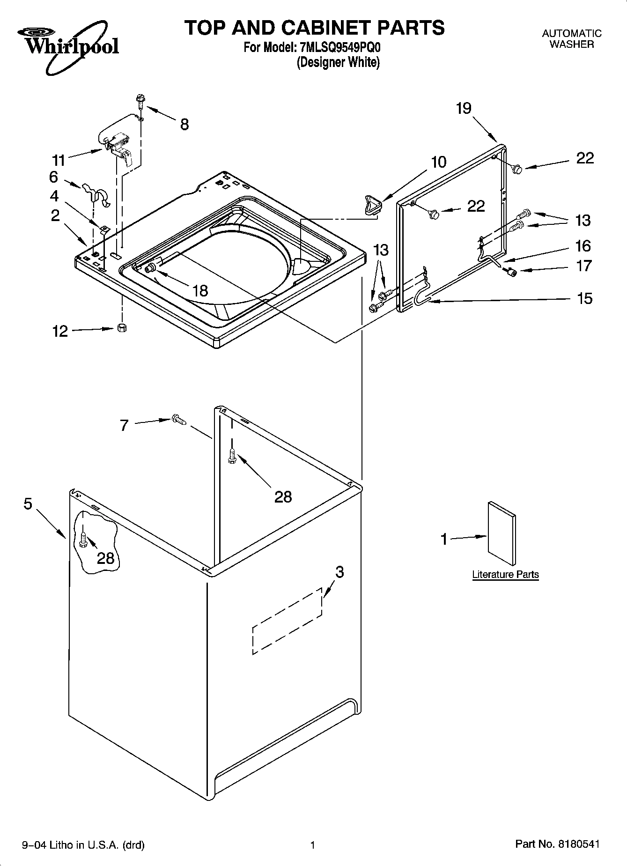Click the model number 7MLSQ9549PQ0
[340, 48]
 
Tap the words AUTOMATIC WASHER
[571, 39]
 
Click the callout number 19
[464, 108]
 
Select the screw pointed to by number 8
[140, 100]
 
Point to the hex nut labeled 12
[122, 328]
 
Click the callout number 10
[438, 162]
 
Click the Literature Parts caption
[505, 574]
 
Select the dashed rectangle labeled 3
[287, 621]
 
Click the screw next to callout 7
[178, 420]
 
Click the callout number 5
[28, 504]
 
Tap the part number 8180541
[578, 844]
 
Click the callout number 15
[584, 298]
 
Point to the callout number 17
[584, 266]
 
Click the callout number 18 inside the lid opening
[200, 290]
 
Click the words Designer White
[338, 62]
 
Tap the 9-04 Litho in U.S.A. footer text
[83, 845]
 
